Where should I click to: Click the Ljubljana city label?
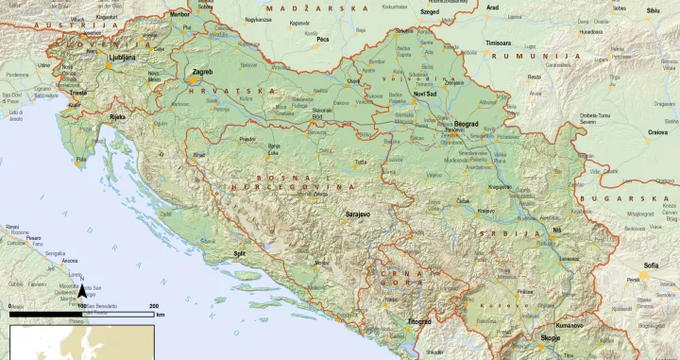point(123,57)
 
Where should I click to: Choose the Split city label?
point(240,254)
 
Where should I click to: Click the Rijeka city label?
point(117,117)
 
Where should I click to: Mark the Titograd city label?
point(418,321)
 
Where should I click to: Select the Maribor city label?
point(178,15)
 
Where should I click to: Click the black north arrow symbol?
point(82,293)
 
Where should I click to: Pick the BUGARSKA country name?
point(637,199)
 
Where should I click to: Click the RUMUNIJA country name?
point(552,57)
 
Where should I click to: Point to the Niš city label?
point(556,231)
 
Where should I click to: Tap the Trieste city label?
point(78,93)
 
